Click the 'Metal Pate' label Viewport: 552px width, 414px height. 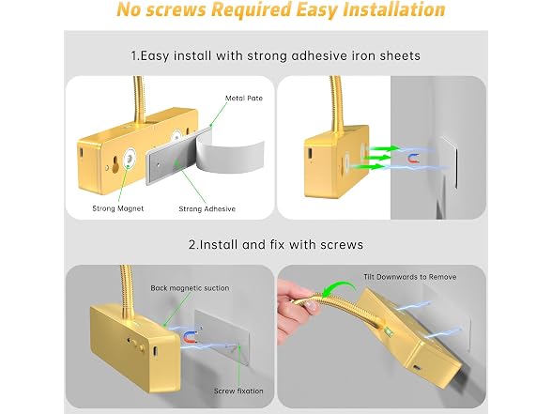[x=244, y=99]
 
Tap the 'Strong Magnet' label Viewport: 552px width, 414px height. [x=118, y=208]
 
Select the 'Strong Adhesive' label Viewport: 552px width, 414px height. [x=207, y=208]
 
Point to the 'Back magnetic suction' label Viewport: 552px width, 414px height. [x=190, y=288]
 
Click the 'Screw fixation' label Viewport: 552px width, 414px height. [x=238, y=391]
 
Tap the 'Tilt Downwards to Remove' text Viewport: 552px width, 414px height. [x=409, y=277]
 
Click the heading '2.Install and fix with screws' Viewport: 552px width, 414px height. [x=276, y=244]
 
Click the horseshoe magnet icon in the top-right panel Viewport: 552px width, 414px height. [x=413, y=159]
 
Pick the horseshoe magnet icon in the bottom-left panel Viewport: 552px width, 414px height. [x=190, y=337]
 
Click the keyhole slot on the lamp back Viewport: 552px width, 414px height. [x=115, y=165]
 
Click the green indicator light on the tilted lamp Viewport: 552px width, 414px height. [x=389, y=330]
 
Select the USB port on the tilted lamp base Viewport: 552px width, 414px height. [x=417, y=368]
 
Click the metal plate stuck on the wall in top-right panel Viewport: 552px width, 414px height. [x=448, y=161]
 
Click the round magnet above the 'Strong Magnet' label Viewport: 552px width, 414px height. [x=130, y=159]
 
